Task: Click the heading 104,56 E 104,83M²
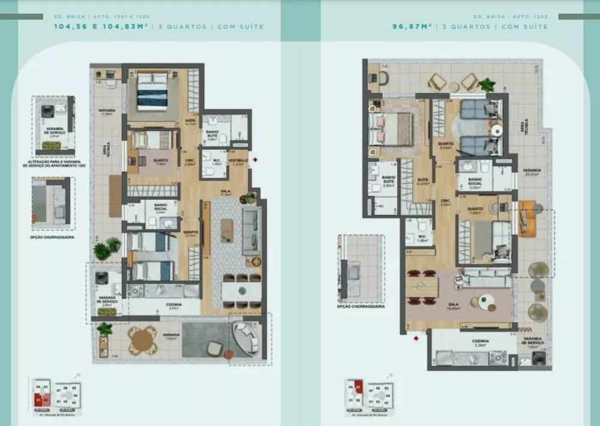(x=102, y=26)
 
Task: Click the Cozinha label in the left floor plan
(x=173, y=305)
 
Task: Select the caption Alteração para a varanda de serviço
(x=55, y=163)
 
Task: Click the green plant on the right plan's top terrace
(x=487, y=84)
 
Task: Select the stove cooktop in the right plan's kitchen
(x=499, y=358)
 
